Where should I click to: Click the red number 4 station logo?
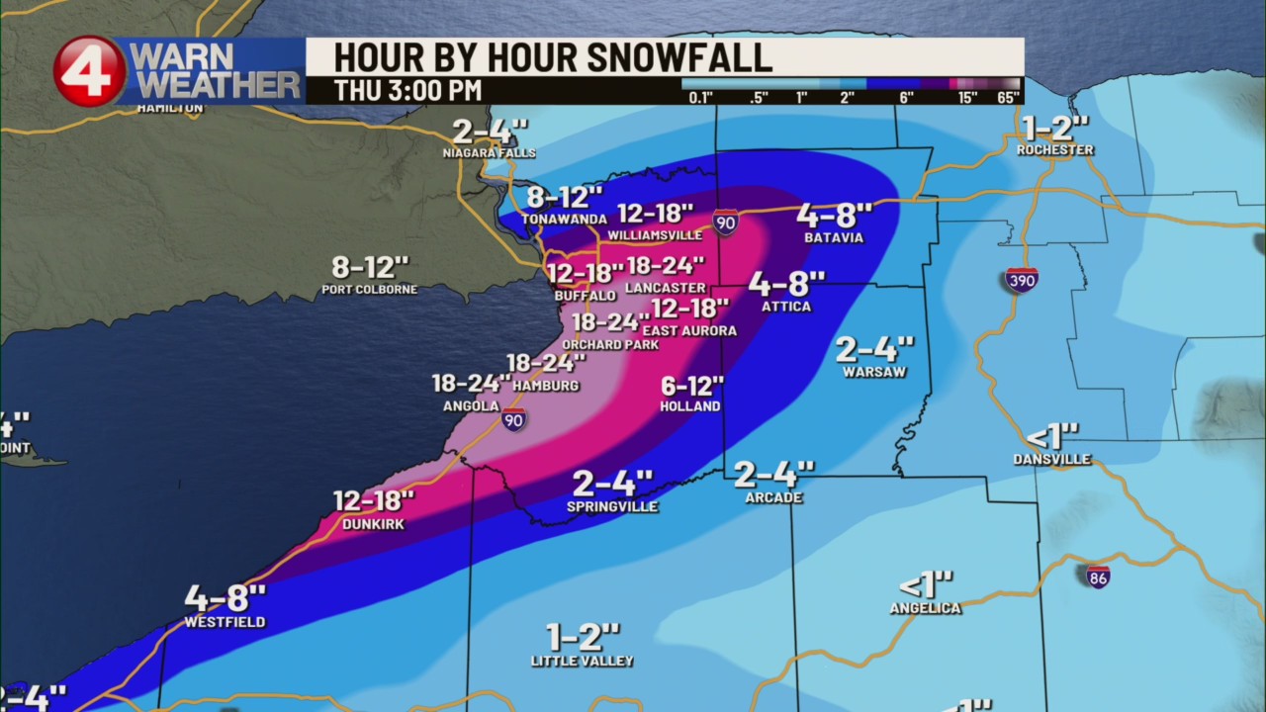click(89, 70)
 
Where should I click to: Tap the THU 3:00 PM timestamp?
click(407, 90)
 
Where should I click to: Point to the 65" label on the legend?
click(1008, 97)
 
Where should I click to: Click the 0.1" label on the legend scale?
click(700, 97)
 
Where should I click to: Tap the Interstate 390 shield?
click(1022, 280)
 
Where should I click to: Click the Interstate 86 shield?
click(1097, 577)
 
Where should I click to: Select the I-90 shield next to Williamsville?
click(725, 222)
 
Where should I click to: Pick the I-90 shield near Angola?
click(512, 419)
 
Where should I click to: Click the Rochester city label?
click(1055, 150)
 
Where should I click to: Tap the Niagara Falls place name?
click(490, 153)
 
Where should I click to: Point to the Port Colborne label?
click(369, 290)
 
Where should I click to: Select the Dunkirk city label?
click(373, 524)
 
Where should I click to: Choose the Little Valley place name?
click(582, 661)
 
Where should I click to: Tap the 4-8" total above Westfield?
click(226, 598)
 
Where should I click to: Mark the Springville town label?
click(612, 506)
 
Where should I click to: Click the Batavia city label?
click(833, 237)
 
